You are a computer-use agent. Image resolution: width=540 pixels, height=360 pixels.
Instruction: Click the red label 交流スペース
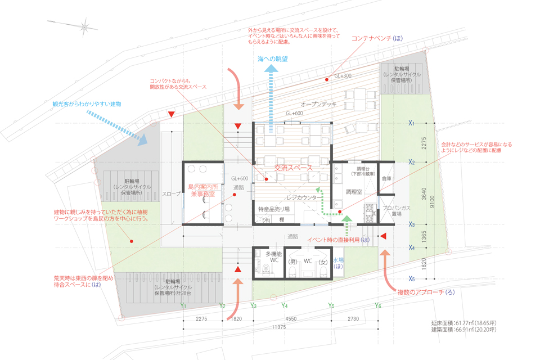click(293, 168)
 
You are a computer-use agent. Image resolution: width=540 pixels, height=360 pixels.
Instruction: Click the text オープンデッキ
click(318, 104)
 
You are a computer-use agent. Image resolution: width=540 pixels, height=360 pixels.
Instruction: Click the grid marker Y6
click(378, 305)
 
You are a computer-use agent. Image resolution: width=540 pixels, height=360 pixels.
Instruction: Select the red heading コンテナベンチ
click(376, 39)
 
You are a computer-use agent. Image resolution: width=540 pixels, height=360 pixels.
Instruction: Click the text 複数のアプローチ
click(417, 292)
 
